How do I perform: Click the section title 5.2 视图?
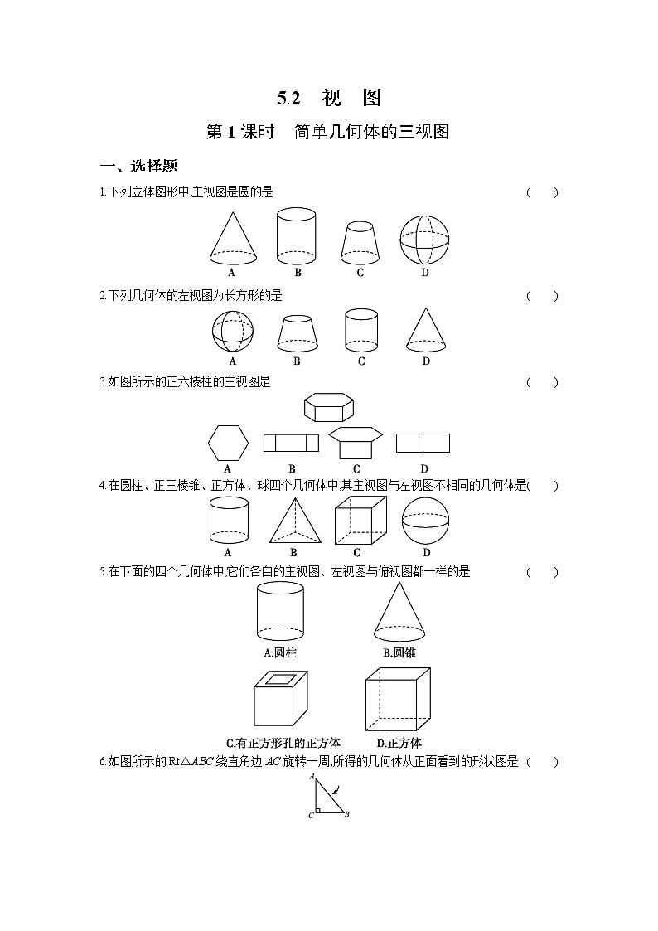click(329, 98)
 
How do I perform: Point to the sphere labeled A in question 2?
click(232, 332)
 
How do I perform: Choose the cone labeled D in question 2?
click(426, 329)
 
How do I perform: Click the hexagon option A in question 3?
click(228, 442)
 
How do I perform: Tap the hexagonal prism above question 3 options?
click(329, 406)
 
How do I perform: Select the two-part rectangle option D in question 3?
click(423, 443)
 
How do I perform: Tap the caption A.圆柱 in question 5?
click(280, 652)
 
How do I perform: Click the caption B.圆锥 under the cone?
click(399, 652)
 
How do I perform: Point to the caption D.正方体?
click(399, 743)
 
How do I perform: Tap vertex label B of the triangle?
click(346, 815)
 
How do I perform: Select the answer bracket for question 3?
click(542, 382)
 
